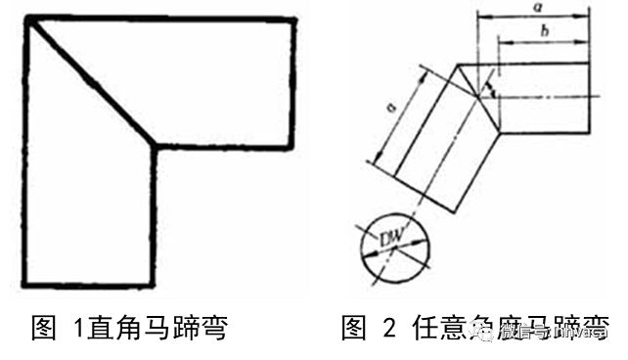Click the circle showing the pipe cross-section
(x=391, y=242)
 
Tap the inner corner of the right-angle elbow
(x=156, y=147)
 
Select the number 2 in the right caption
(x=389, y=328)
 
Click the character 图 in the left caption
(x=45, y=328)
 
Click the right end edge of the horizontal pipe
(x=590, y=98)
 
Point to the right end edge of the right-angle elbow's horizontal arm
(x=292, y=82)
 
